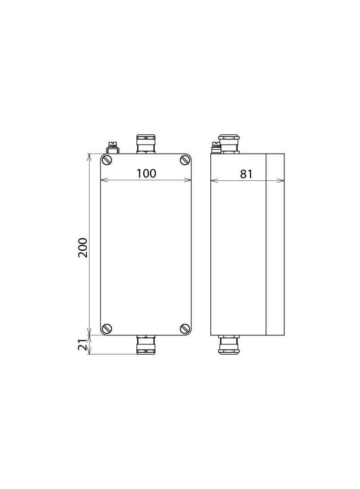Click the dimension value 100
tap(146, 173)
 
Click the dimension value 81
tap(247, 174)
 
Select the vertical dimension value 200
tap(83, 248)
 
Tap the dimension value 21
tap(83, 345)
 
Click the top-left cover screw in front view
tap(107, 160)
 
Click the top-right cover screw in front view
tap(185, 160)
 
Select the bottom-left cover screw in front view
tap(107, 328)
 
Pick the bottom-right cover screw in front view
tap(185, 328)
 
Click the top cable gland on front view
tap(146, 144)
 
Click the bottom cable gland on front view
tap(146, 345)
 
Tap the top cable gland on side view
tap(229, 144)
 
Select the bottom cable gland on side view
tap(229, 345)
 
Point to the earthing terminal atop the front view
tap(112, 148)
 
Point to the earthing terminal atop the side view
tap(216, 148)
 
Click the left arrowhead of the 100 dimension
tap(103, 180)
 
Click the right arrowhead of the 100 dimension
tap(189, 180)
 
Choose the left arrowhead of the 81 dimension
tap(213, 181)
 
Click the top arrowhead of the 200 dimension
tap(89, 156)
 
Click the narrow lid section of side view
tap(275, 244)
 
